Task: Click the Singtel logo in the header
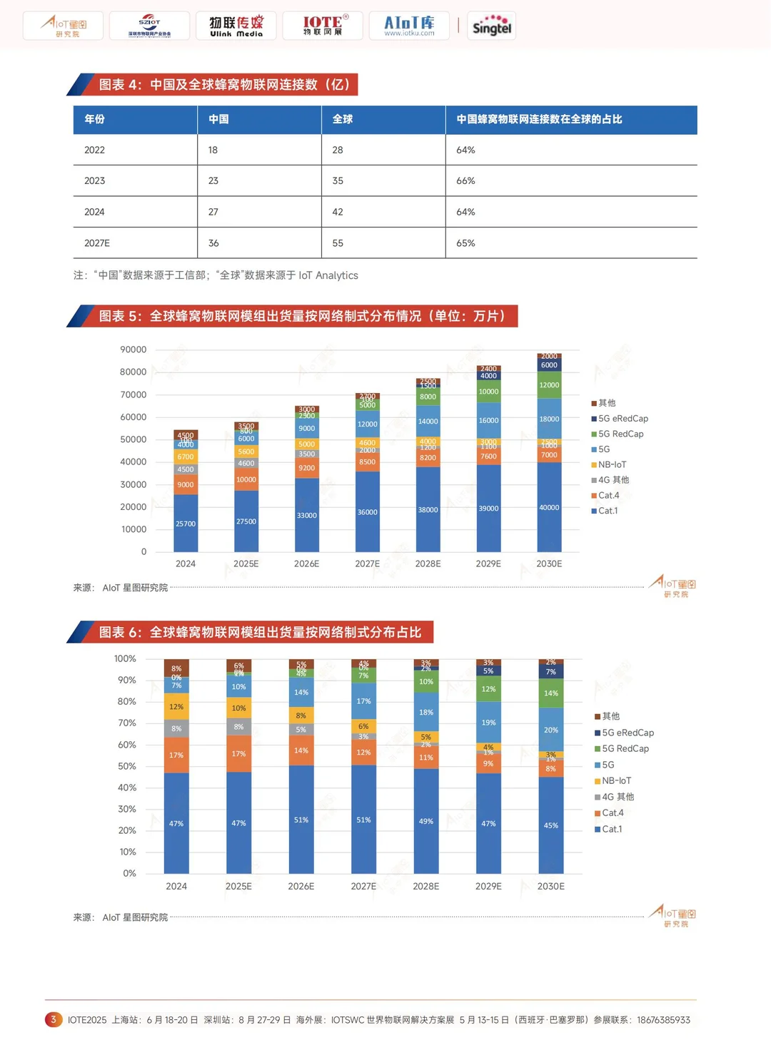pos(491,26)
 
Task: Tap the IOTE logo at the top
pos(323,26)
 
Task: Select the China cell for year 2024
pos(213,212)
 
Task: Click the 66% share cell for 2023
pos(465,181)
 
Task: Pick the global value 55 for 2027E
pos(338,243)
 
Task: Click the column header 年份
pos(95,119)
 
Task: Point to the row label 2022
pos(94,150)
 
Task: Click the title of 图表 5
pos(302,316)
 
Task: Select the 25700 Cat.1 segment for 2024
pos(186,523)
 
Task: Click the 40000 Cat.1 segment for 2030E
pos(549,507)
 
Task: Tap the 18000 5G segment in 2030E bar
pos(549,419)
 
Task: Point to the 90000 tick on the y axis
pos(133,350)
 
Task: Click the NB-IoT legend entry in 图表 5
pos(612,464)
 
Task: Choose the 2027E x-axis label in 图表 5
pos(367,564)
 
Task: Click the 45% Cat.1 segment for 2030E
pos(550,825)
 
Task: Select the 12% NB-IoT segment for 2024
pos(176,707)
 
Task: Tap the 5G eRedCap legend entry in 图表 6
pos(627,733)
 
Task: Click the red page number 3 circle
pos(53,1020)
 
